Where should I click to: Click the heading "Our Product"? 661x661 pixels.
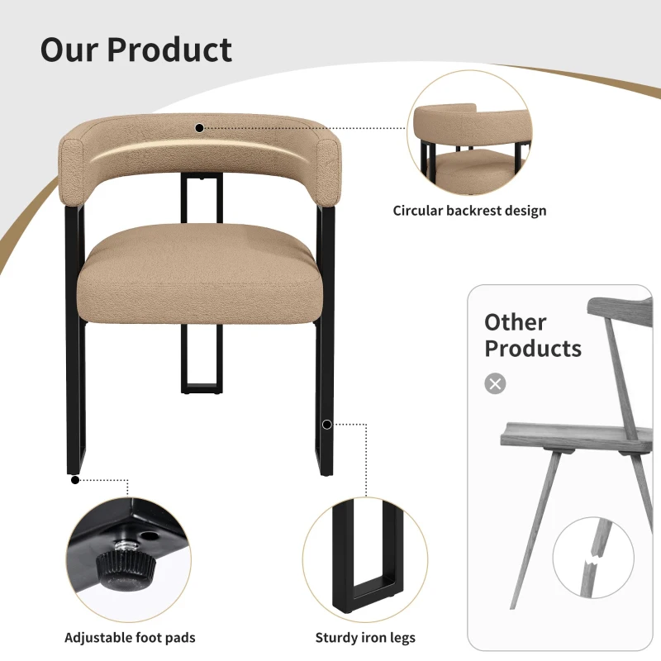(x=136, y=50)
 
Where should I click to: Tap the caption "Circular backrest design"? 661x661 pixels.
(x=469, y=211)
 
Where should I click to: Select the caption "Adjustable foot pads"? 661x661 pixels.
(x=130, y=637)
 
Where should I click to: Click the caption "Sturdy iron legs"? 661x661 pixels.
(x=365, y=637)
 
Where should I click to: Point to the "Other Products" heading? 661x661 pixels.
(x=533, y=335)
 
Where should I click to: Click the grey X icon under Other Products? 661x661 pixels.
(x=495, y=383)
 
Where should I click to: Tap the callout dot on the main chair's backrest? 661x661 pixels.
(x=199, y=128)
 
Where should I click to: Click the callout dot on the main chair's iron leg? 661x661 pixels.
(x=327, y=425)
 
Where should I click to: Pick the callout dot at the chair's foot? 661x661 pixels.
(x=75, y=478)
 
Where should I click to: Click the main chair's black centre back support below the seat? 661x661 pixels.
(x=201, y=364)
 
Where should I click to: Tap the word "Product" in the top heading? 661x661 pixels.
(x=169, y=50)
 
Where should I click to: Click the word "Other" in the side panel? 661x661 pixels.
(x=516, y=321)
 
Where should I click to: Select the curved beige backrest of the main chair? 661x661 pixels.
(x=202, y=153)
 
